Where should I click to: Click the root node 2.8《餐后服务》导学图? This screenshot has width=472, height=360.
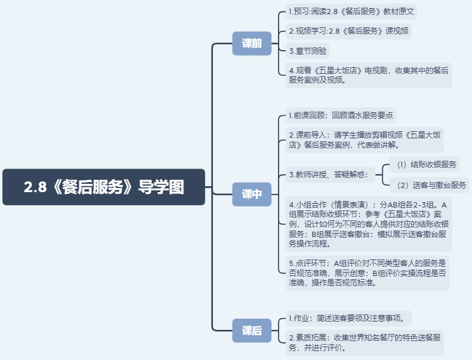coord(104,187)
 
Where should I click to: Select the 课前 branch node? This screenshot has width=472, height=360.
coord(251,43)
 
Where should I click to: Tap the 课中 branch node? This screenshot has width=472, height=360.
coord(251,194)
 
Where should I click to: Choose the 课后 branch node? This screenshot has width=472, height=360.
coord(251,330)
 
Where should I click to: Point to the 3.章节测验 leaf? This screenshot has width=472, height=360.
coord(308,50)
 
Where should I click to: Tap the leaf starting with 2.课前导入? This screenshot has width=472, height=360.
coord(364,140)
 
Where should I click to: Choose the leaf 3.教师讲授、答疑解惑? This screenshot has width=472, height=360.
coord(328,174)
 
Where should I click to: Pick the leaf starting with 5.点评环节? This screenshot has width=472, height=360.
coord(367,272)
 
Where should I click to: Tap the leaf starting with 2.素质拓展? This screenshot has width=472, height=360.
coord(364,343)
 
